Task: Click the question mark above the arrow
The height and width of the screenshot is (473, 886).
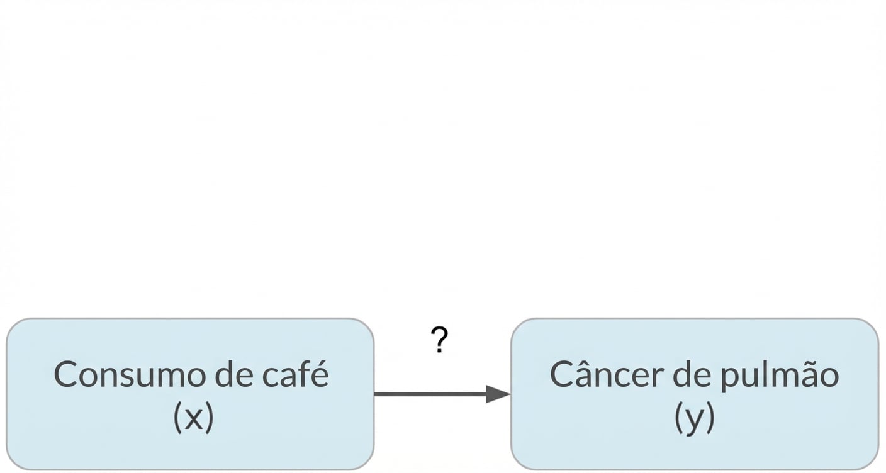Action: (x=440, y=340)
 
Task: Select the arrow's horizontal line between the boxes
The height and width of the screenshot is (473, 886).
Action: (x=431, y=394)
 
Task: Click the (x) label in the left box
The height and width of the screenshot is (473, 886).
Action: (x=193, y=417)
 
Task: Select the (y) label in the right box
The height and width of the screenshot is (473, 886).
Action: (x=694, y=418)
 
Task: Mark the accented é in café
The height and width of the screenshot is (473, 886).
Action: (x=320, y=376)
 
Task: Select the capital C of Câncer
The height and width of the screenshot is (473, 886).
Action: (x=563, y=375)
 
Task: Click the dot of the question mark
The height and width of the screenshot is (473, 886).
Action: (x=439, y=351)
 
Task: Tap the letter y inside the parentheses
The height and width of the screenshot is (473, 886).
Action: (x=694, y=420)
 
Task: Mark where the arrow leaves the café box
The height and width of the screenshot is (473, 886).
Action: (x=376, y=394)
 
